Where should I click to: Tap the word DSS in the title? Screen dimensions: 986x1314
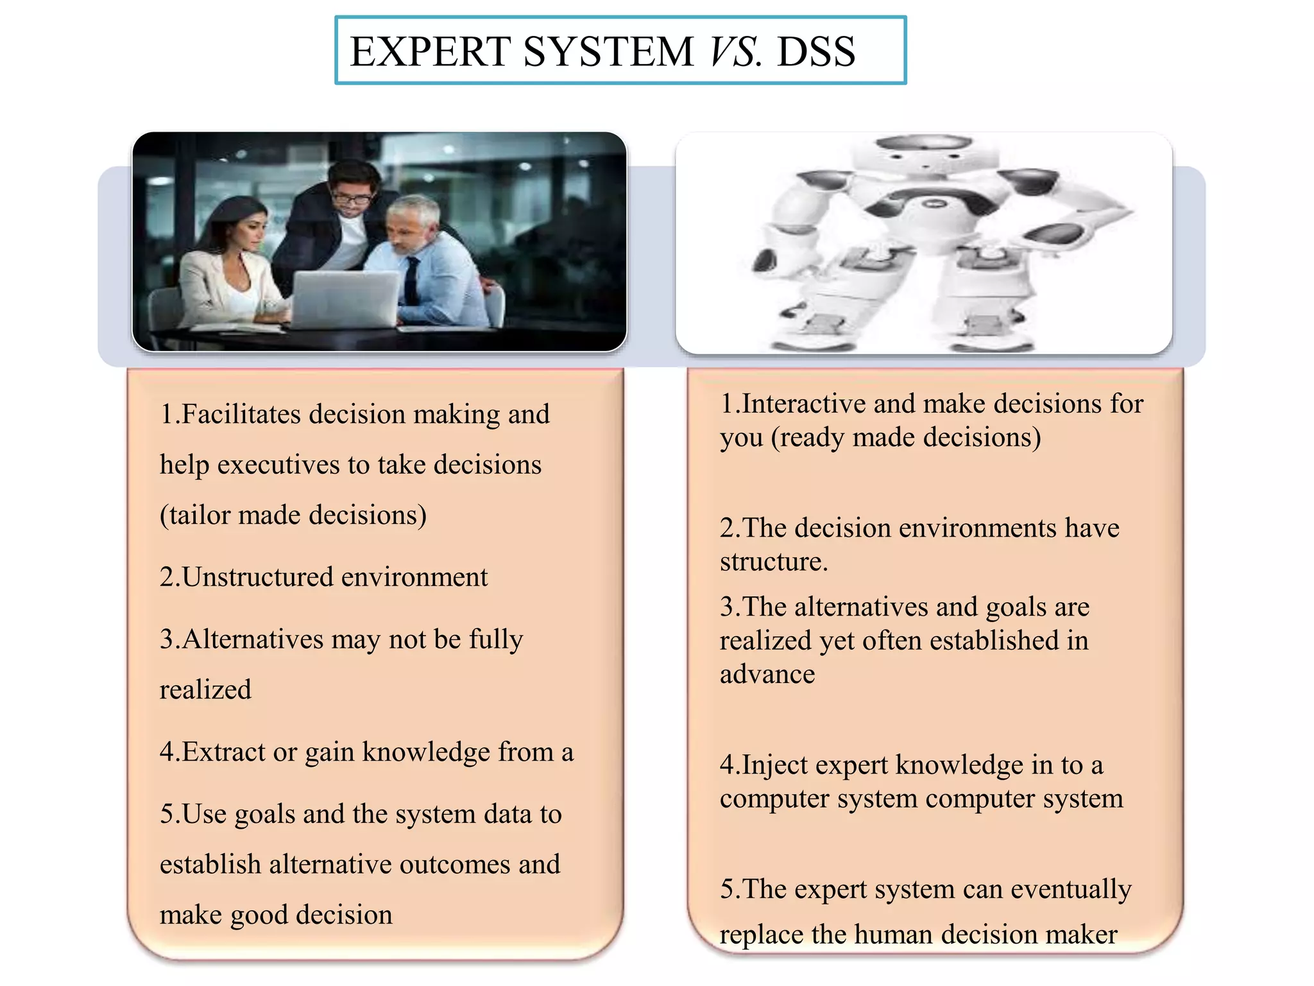pyautogui.click(x=816, y=51)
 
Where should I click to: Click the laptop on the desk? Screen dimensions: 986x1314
pyautogui.click(x=345, y=298)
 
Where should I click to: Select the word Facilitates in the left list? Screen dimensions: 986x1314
pyautogui.click(x=241, y=414)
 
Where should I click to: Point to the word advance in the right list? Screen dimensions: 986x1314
pyautogui.click(x=767, y=674)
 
